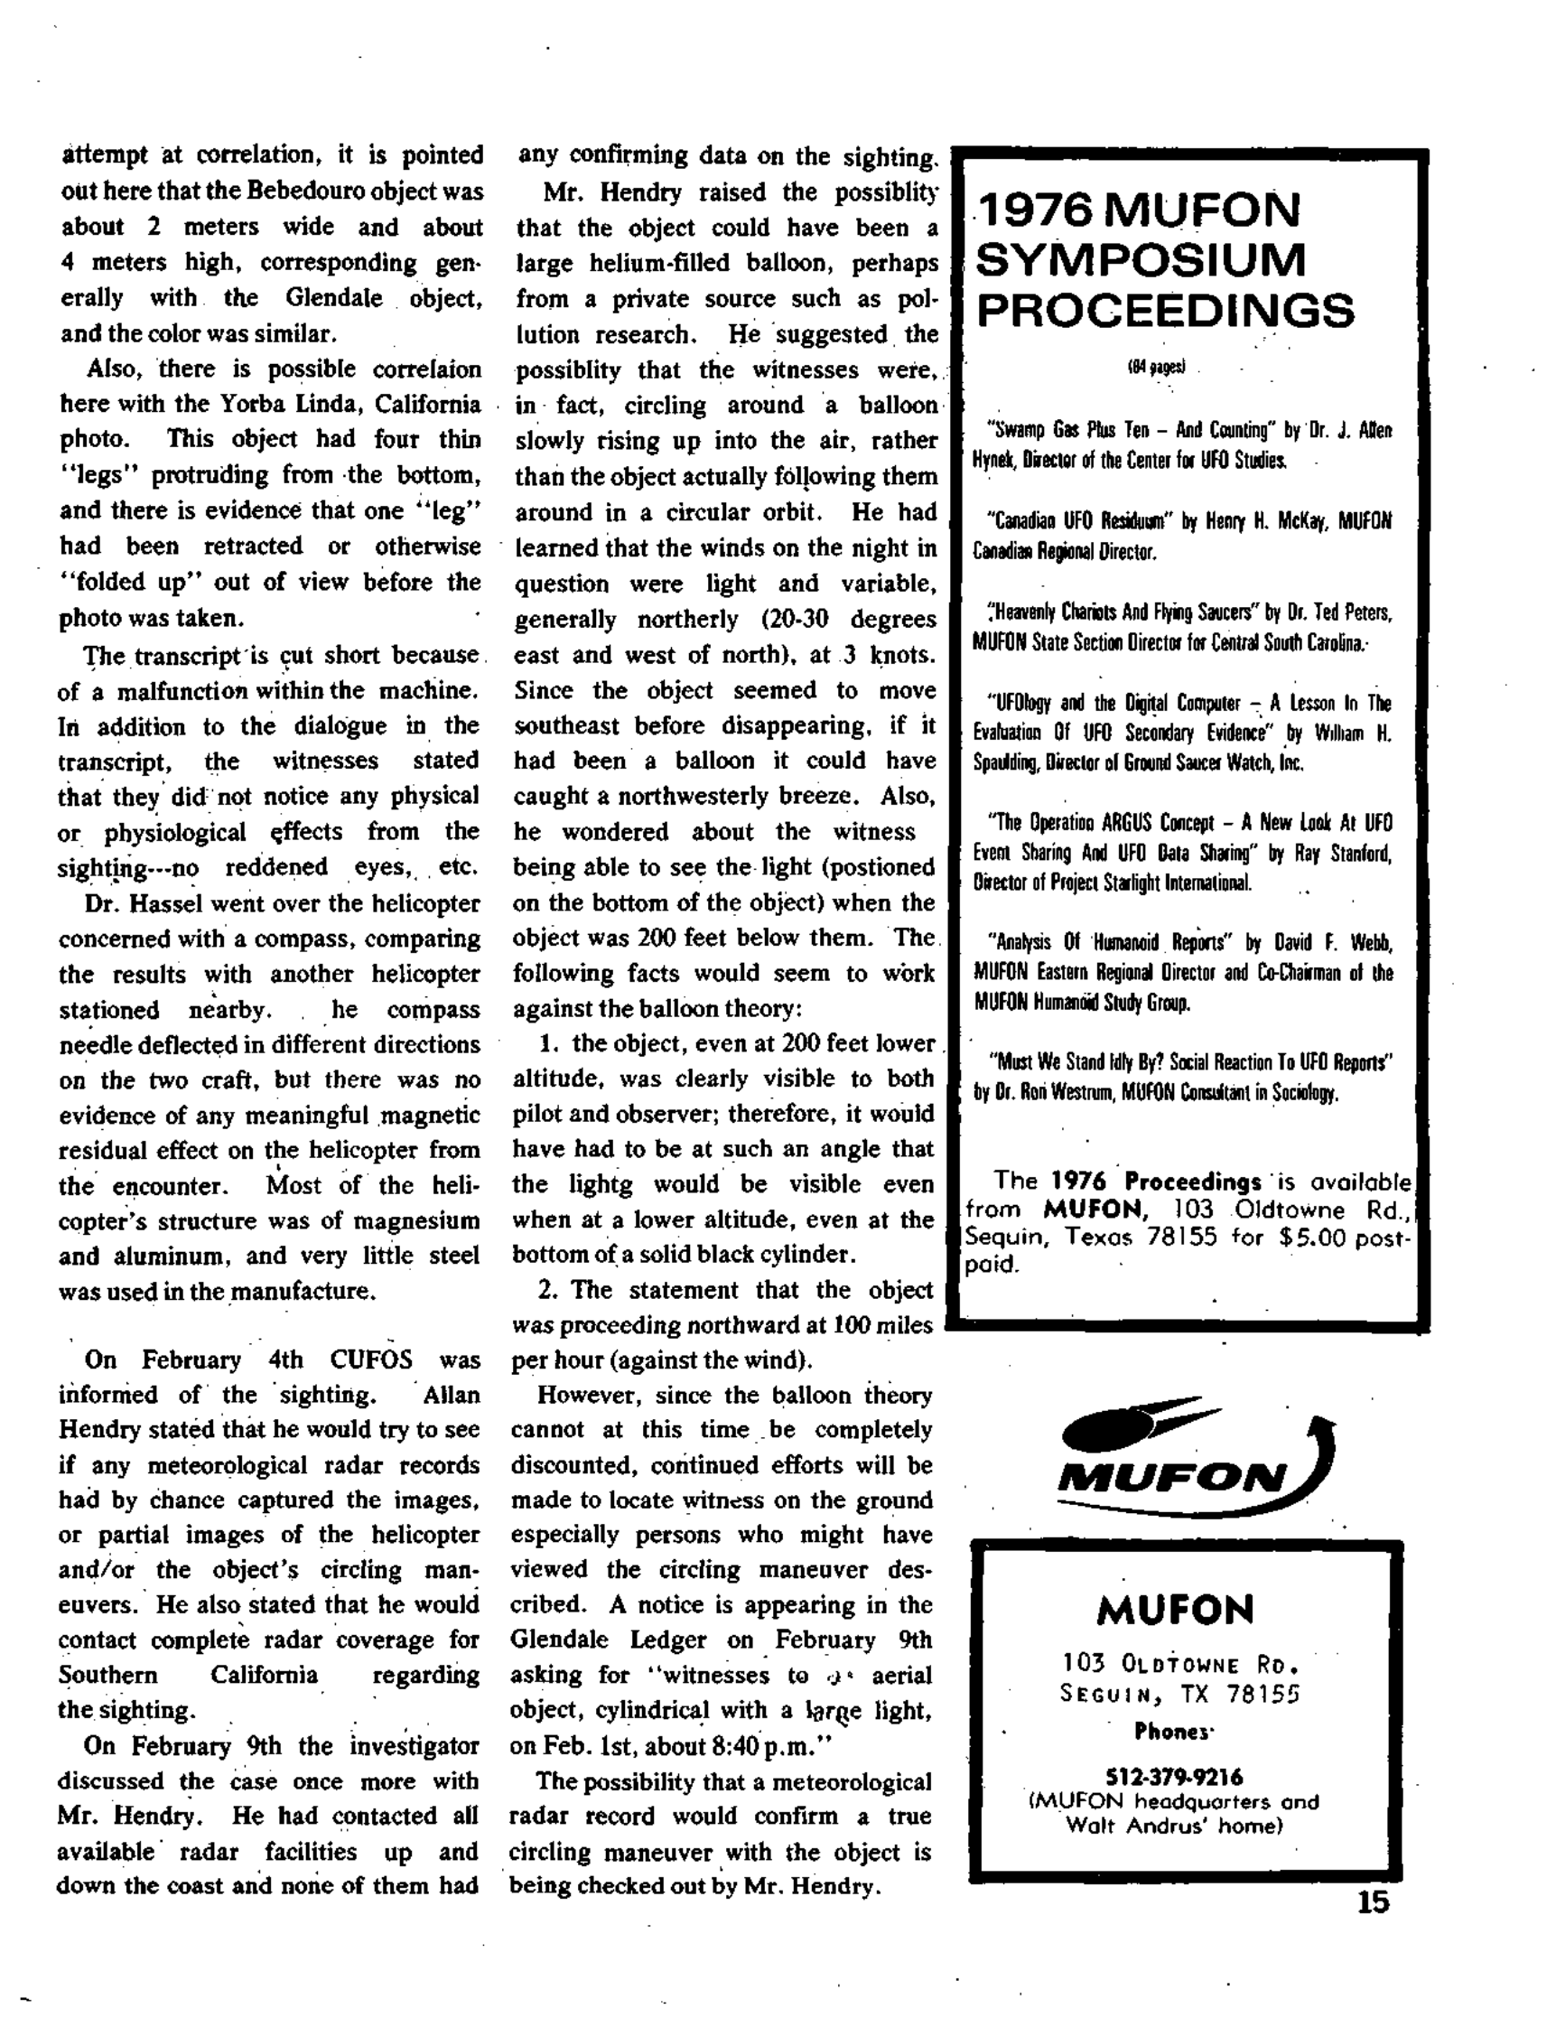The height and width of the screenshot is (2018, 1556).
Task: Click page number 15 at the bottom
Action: tap(1373, 1902)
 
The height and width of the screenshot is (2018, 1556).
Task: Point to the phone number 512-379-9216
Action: tap(1173, 1777)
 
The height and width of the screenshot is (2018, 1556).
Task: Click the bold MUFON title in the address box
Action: tap(1174, 1611)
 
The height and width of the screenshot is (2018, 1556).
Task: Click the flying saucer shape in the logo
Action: tap(1109, 1430)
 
